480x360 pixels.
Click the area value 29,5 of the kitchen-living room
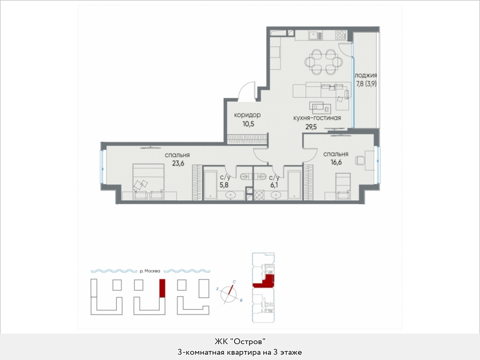click(x=311, y=126)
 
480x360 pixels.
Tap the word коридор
click(x=247, y=115)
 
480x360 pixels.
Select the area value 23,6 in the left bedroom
click(x=178, y=163)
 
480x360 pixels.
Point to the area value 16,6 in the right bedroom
click(x=336, y=162)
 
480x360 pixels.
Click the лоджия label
click(x=366, y=75)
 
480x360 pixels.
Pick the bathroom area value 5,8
click(x=224, y=185)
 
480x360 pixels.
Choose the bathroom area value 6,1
click(x=273, y=185)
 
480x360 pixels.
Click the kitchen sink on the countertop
click(x=316, y=35)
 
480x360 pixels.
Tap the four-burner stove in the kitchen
click(x=340, y=35)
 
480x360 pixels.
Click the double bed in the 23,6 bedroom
click(x=149, y=182)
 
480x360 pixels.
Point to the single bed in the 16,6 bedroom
click(x=343, y=186)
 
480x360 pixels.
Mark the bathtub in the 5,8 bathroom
click(x=210, y=185)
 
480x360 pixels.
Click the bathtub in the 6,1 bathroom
click(x=294, y=185)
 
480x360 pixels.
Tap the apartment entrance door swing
click(x=247, y=91)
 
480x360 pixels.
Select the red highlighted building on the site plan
click(x=162, y=288)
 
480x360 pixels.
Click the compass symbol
click(x=229, y=294)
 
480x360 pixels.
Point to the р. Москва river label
click(x=150, y=271)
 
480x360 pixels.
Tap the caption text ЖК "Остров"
click(x=239, y=341)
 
